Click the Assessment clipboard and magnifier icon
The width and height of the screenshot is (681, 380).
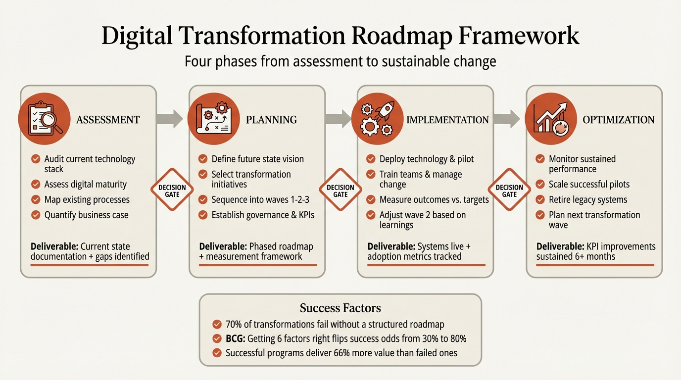point(44,118)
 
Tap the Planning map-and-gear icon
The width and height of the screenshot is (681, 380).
point(213,118)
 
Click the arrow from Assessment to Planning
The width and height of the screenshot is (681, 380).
point(169,118)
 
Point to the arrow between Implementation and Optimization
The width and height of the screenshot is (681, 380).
point(506,118)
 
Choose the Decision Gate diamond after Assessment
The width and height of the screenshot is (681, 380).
point(172,190)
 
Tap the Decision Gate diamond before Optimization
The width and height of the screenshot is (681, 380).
point(509,190)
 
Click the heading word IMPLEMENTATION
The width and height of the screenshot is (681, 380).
point(447,120)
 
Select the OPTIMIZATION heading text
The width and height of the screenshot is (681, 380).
point(618,120)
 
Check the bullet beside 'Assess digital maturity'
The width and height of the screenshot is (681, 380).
point(36,185)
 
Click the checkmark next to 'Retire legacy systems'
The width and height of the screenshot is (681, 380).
point(540,200)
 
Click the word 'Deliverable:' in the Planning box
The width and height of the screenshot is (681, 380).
point(223,246)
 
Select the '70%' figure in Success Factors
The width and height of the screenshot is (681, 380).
point(234,325)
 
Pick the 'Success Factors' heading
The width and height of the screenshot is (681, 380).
point(340,309)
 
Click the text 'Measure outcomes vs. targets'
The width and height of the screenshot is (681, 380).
point(434,200)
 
